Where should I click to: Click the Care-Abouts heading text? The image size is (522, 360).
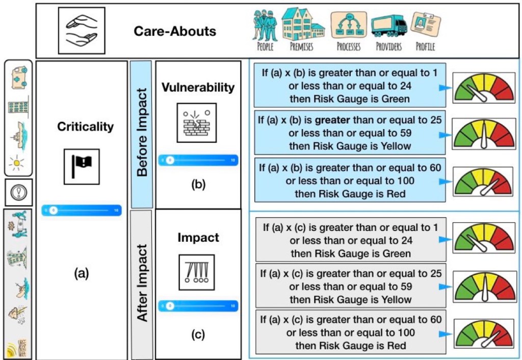[175, 31]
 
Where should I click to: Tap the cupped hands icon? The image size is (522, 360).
[82, 31]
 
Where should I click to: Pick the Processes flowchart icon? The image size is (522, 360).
[348, 25]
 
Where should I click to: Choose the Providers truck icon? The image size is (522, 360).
[388, 25]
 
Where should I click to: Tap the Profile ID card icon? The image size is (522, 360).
[425, 24]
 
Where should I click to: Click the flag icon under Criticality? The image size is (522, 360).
[82, 167]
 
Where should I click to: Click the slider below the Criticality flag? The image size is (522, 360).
[82, 210]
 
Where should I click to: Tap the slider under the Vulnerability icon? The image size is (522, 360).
[198, 160]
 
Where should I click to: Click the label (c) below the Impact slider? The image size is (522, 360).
[198, 335]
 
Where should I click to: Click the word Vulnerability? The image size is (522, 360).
[198, 87]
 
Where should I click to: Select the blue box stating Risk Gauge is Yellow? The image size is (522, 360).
[350, 133]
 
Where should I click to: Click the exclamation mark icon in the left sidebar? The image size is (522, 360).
[18, 192]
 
